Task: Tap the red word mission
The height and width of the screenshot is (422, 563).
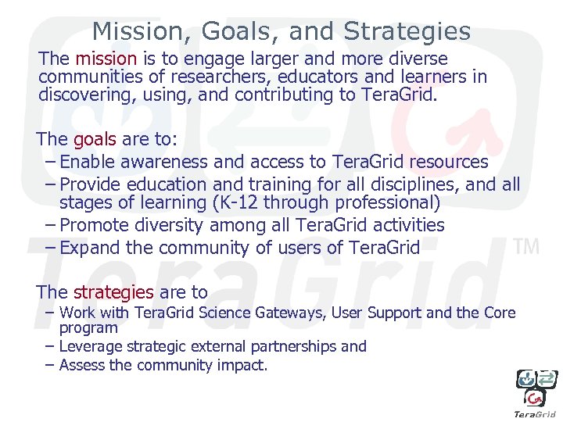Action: coord(106,59)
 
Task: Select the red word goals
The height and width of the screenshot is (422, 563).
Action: coord(94,139)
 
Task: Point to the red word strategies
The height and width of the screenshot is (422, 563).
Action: coord(113,292)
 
